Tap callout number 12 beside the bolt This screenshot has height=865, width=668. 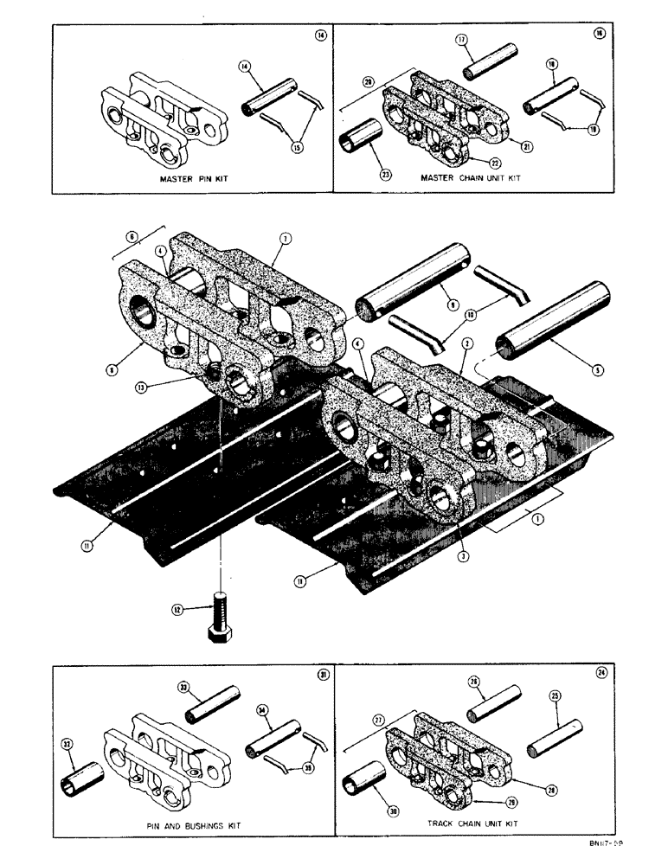[x=178, y=610]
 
